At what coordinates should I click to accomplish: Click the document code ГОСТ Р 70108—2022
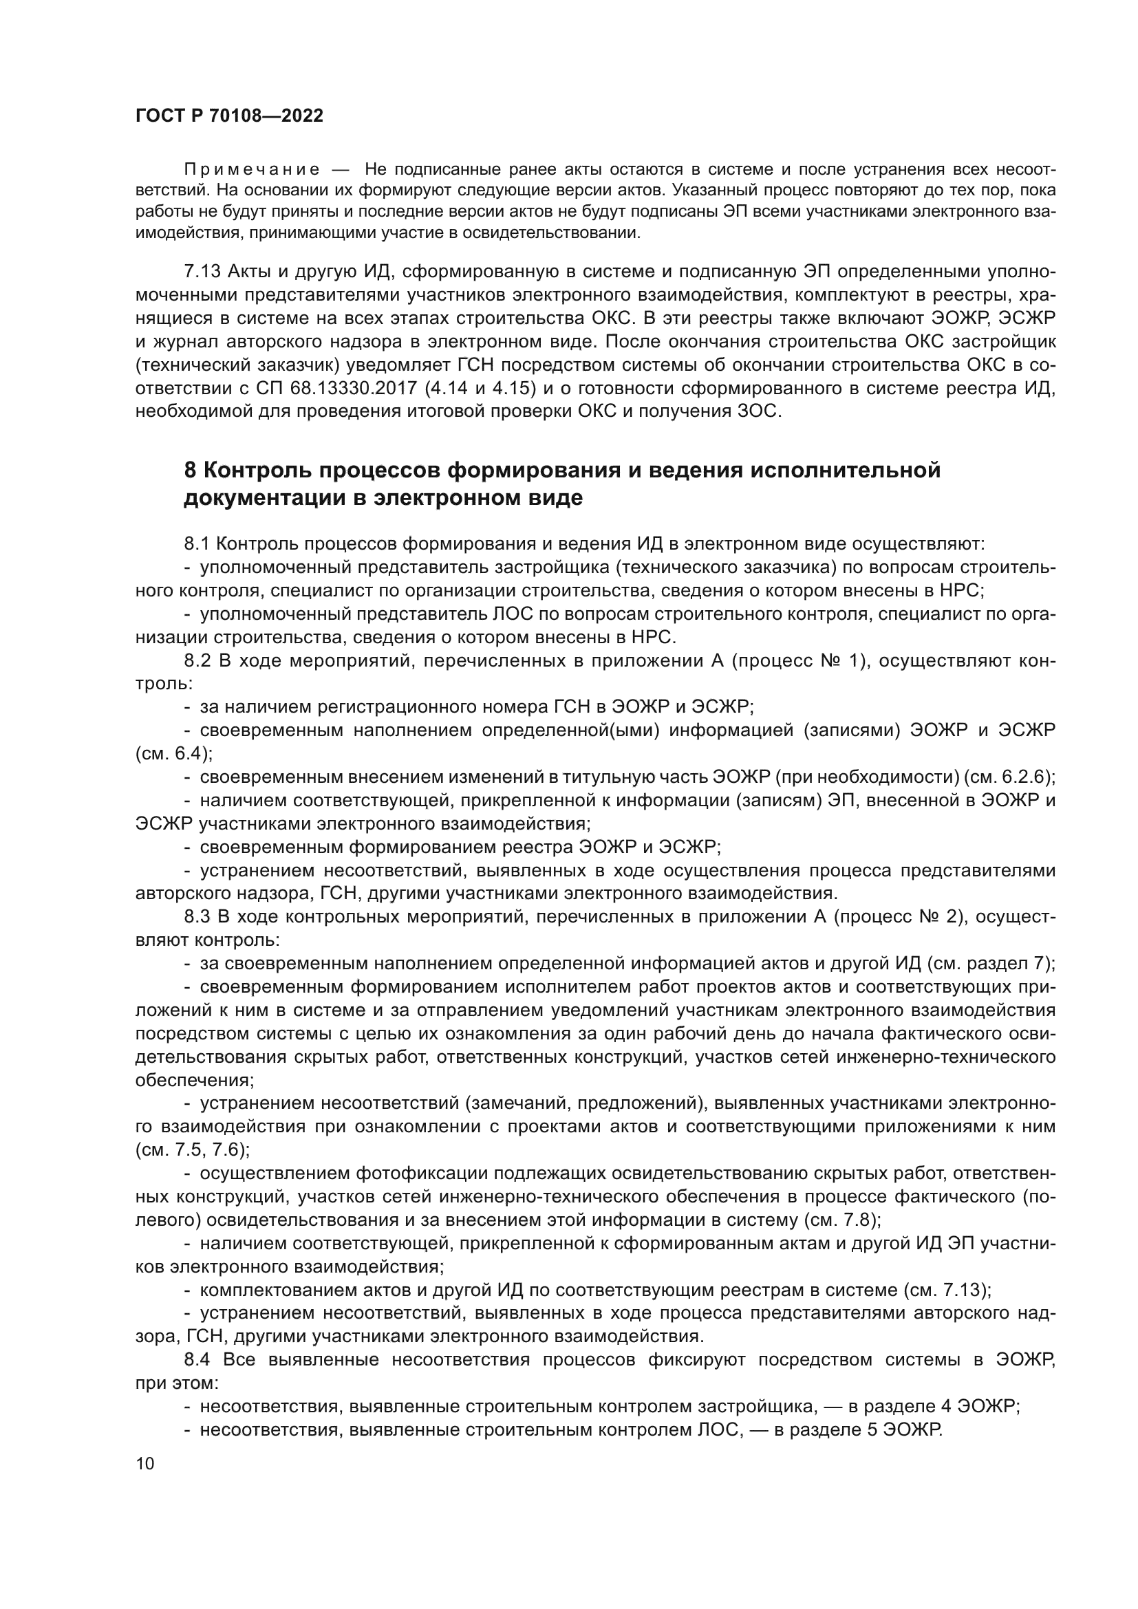tap(229, 116)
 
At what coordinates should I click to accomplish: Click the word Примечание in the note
tap(252, 170)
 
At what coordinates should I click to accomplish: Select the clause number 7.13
tap(202, 272)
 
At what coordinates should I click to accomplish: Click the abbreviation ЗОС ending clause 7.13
tap(758, 411)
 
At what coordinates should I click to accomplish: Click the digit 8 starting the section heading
tap(190, 471)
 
